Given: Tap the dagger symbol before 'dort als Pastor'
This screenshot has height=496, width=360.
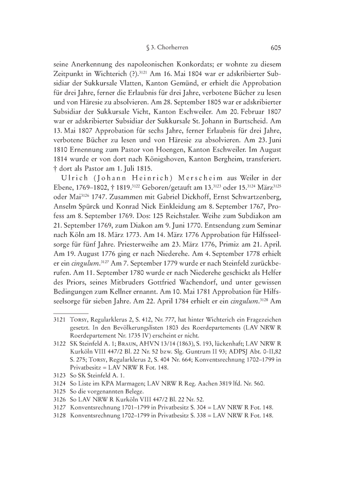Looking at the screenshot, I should click(55, 185).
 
